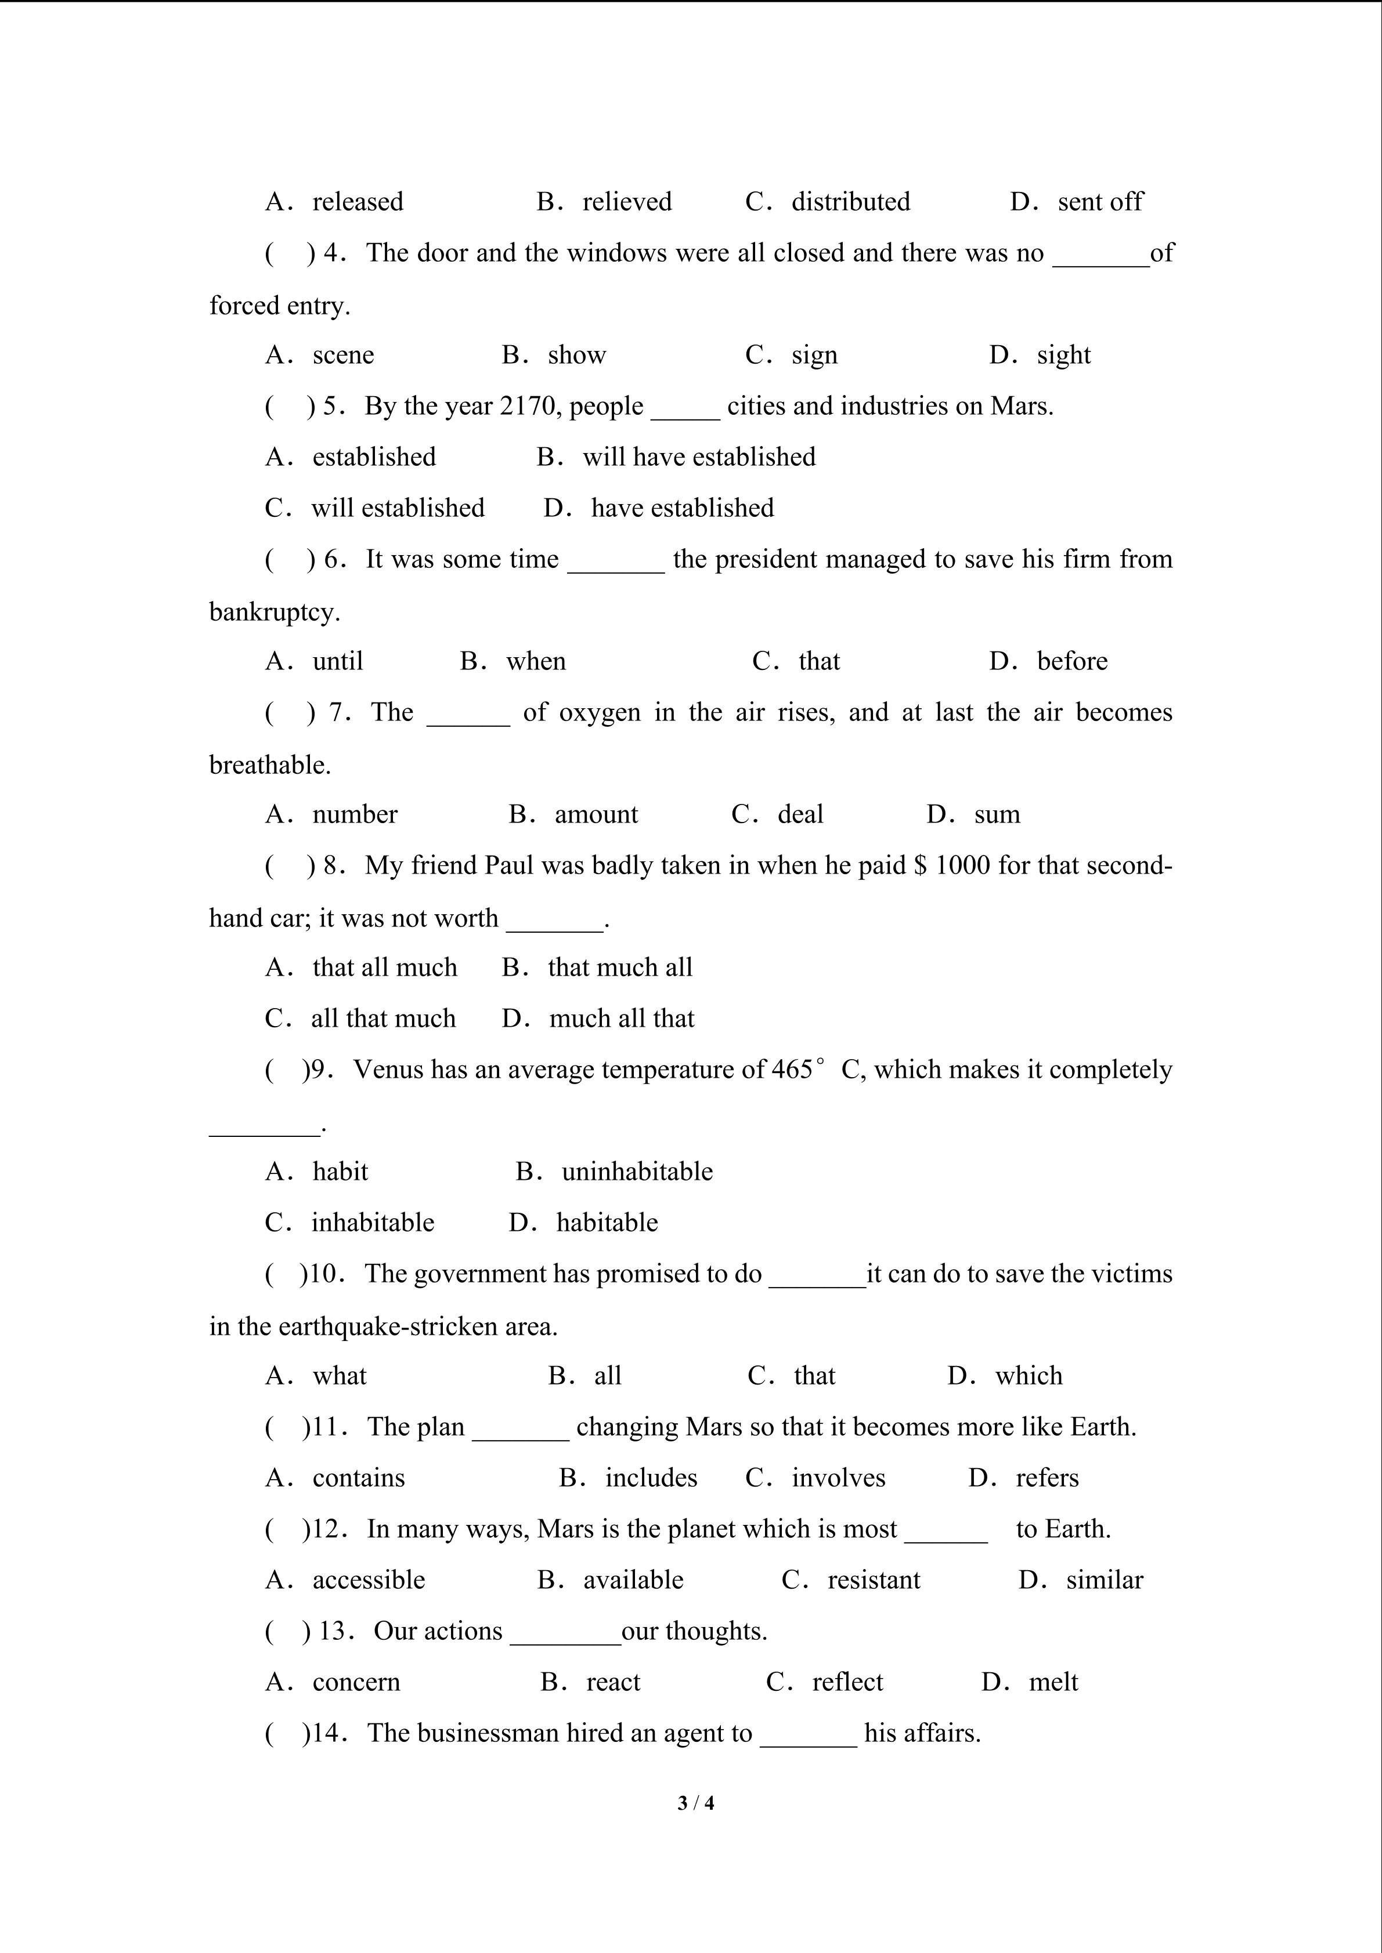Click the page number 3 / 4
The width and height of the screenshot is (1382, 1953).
point(695,1802)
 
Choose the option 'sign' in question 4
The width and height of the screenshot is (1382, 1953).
point(814,356)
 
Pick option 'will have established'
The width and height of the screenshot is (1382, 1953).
point(699,458)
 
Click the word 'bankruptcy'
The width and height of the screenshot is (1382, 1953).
point(274,613)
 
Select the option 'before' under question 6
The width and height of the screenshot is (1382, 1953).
point(1071,662)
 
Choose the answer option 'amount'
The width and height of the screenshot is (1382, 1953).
point(596,815)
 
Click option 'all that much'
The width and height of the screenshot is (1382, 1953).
point(383,1019)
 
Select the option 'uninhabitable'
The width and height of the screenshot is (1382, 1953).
point(637,1172)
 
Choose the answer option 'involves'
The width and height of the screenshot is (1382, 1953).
point(838,1479)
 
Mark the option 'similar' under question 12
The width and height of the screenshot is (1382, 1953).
point(1104,1581)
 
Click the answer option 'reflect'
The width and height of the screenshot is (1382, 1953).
point(847,1683)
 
